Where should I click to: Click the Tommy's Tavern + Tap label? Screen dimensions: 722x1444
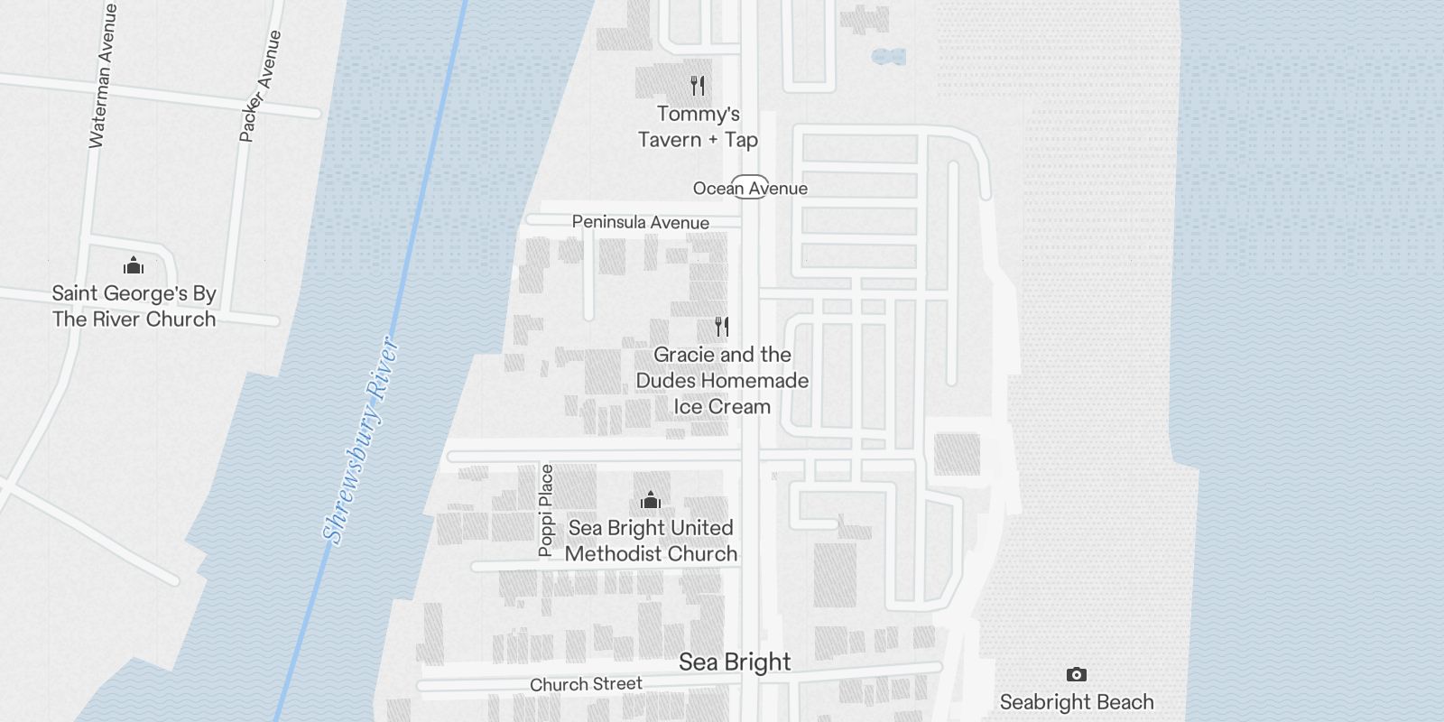698,126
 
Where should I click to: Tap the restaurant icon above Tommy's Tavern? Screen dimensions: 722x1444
697,86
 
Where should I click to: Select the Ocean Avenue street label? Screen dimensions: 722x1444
750,189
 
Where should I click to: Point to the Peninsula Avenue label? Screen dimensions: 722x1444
640,222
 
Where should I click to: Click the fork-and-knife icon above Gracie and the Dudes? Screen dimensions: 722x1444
721,326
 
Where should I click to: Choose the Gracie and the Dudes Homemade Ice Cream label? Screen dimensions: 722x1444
722,380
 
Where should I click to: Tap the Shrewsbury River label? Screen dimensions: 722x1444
361,440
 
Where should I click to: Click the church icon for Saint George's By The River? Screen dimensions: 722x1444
134,265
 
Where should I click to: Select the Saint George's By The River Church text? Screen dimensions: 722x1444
134,306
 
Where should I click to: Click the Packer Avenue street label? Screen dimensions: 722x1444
260,86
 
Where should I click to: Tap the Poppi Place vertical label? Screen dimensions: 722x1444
545,510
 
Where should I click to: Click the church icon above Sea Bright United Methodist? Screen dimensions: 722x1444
650,500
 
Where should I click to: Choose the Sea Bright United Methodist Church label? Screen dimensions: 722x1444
651,541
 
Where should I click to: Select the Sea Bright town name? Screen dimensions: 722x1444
735,662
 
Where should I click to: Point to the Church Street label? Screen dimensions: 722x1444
586,684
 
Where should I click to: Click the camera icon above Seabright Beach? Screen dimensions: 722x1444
1076,674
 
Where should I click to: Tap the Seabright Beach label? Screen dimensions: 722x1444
1076,701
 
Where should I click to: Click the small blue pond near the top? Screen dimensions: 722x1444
889,57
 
